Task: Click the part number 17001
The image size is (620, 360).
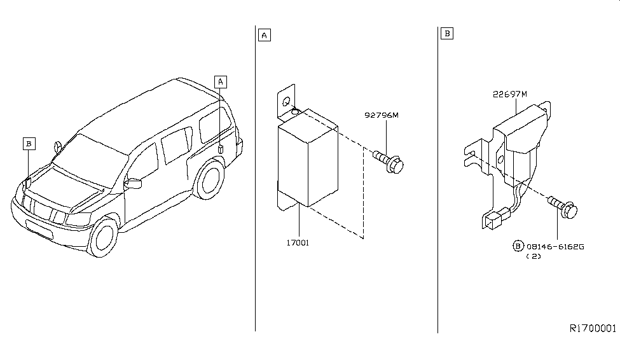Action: coord(298,242)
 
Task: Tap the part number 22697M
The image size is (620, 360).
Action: coord(509,94)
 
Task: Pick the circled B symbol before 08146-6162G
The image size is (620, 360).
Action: coord(518,246)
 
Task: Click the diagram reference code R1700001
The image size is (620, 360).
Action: coord(592,328)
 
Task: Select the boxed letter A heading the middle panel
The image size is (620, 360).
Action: coord(264,34)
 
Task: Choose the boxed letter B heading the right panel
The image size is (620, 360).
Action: coord(446,33)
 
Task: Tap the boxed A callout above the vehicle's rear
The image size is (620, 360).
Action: coord(220,81)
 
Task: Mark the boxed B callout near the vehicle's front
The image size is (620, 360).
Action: coord(28,144)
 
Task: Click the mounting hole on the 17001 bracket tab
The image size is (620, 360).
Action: coord(287,101)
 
